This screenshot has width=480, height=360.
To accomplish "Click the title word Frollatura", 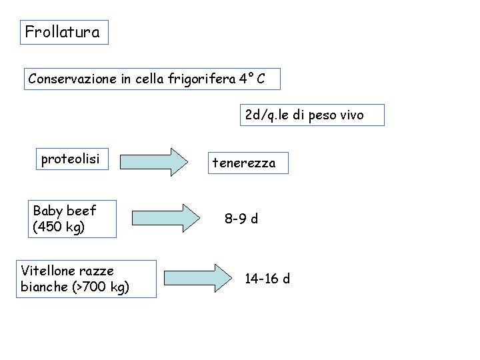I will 62,32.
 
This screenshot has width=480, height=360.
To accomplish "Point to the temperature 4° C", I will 253,79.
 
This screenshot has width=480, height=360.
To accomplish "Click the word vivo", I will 352,115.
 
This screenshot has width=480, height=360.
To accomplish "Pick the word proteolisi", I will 70,159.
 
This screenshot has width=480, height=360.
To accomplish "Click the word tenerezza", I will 244,163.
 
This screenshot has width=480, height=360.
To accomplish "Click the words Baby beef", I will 65,211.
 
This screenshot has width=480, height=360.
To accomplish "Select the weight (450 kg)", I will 59,227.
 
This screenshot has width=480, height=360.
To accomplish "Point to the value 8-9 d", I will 241,219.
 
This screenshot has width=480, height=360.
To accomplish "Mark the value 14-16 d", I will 267,279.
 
